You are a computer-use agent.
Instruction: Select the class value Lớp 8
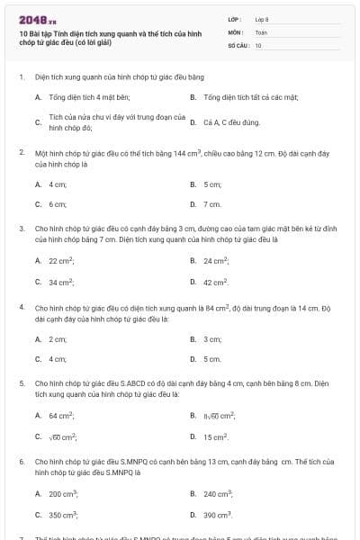(262, 19)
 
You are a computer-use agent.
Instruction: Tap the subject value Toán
(261, 31)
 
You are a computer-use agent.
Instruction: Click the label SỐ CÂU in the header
(238, 44)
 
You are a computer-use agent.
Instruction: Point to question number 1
(21, 78)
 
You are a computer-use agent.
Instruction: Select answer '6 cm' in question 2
(58, 204)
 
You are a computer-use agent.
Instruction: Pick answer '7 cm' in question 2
(212, 204)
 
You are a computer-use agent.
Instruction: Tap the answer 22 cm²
(61, 260)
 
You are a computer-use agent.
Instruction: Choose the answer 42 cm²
(216, 282)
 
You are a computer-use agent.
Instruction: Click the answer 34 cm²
(61, 282)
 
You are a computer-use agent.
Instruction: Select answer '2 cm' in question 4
(58, 338)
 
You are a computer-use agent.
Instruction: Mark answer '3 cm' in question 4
(212, 338)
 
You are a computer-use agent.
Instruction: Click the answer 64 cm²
(61, 415)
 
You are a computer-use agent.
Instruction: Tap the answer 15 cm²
(216, 436)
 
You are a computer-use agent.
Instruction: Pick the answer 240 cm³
(218, 493)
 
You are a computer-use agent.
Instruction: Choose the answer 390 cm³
(218, 515)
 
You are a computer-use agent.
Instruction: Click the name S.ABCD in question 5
(129, 383)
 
